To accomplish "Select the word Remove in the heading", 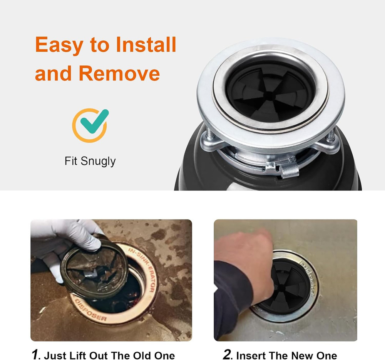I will pos(119,73).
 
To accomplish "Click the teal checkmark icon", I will pos(92,122).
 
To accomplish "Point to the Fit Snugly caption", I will pos(90,161).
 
